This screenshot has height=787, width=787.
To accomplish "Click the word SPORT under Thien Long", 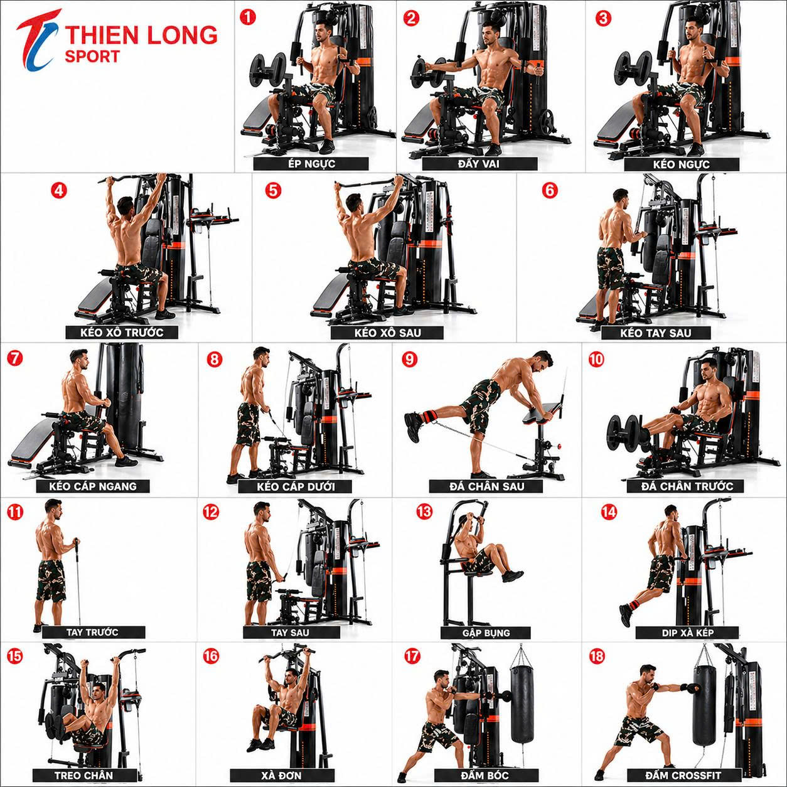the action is (x=92, y=56).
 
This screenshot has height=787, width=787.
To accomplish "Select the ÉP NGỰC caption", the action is (x=311, y=164).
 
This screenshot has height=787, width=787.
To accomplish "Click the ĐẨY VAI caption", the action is (x=479, y=164).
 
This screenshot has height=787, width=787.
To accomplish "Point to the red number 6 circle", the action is (x=549, y=190).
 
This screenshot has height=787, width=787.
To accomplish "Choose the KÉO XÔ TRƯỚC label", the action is (x=122, y=332).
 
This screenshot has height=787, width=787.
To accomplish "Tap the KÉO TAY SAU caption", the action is (x=656, y=333).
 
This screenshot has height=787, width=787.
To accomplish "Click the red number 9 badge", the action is (x=410, y=359).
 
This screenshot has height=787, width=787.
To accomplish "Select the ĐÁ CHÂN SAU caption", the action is (x=486, y=486).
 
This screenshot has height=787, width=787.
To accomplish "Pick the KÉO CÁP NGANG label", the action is (x=93, y=486).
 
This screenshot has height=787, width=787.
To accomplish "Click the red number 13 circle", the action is (x=424, y=511).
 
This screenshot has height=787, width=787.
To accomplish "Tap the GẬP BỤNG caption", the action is (x=486, y=633).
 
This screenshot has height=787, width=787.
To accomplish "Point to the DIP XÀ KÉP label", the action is (x=687, y=633).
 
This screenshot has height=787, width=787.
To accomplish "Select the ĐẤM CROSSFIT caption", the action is (x=684, y=775).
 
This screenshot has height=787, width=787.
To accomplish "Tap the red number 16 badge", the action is (x=211, y=656).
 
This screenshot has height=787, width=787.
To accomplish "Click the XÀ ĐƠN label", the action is (x=282, y=775).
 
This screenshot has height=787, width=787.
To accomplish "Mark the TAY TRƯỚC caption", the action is (x=94, y=632).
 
